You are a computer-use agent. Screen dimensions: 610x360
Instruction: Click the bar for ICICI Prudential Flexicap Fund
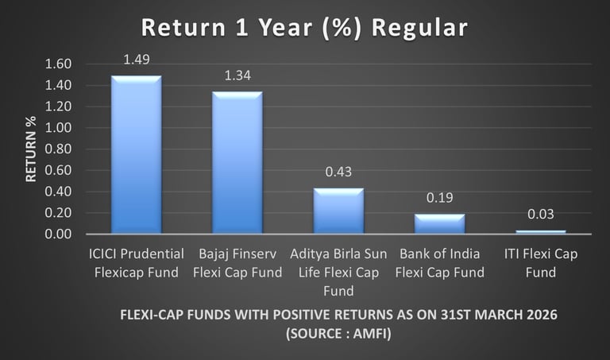pos(136,154)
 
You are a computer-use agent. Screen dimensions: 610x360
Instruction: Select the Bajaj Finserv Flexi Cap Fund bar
pos(237,163)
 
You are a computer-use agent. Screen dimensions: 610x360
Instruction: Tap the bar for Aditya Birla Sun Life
pos(338,211)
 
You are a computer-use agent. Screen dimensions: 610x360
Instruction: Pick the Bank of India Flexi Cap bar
pos(439,224)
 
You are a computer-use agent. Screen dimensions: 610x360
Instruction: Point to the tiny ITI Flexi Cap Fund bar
pos(541,232)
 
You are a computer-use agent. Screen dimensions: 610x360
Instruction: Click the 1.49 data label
pos(137,60)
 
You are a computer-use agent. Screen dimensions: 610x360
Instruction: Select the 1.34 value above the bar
pos(237,75)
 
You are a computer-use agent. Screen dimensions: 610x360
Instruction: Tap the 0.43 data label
pos(338,172)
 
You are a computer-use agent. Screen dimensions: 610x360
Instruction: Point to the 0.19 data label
pos(439,198)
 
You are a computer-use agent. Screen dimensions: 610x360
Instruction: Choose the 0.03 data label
pos(541,214)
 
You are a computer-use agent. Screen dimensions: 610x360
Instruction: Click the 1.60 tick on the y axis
pos(58,64)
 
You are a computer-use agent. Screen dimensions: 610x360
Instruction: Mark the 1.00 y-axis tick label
pos(58,128)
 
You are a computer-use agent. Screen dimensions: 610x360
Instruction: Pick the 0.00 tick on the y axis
pos(58,234)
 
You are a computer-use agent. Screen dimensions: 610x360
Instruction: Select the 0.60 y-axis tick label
pos(58,170)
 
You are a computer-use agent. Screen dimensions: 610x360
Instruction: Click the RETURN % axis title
pos(31,149)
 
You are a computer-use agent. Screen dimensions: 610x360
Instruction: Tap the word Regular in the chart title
pos(419,29)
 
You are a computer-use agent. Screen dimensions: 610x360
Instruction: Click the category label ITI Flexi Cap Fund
pos(541,263)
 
